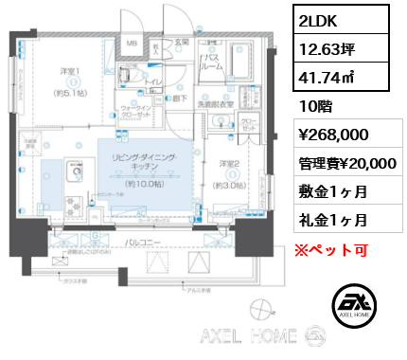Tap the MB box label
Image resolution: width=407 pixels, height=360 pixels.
(133, 44)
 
